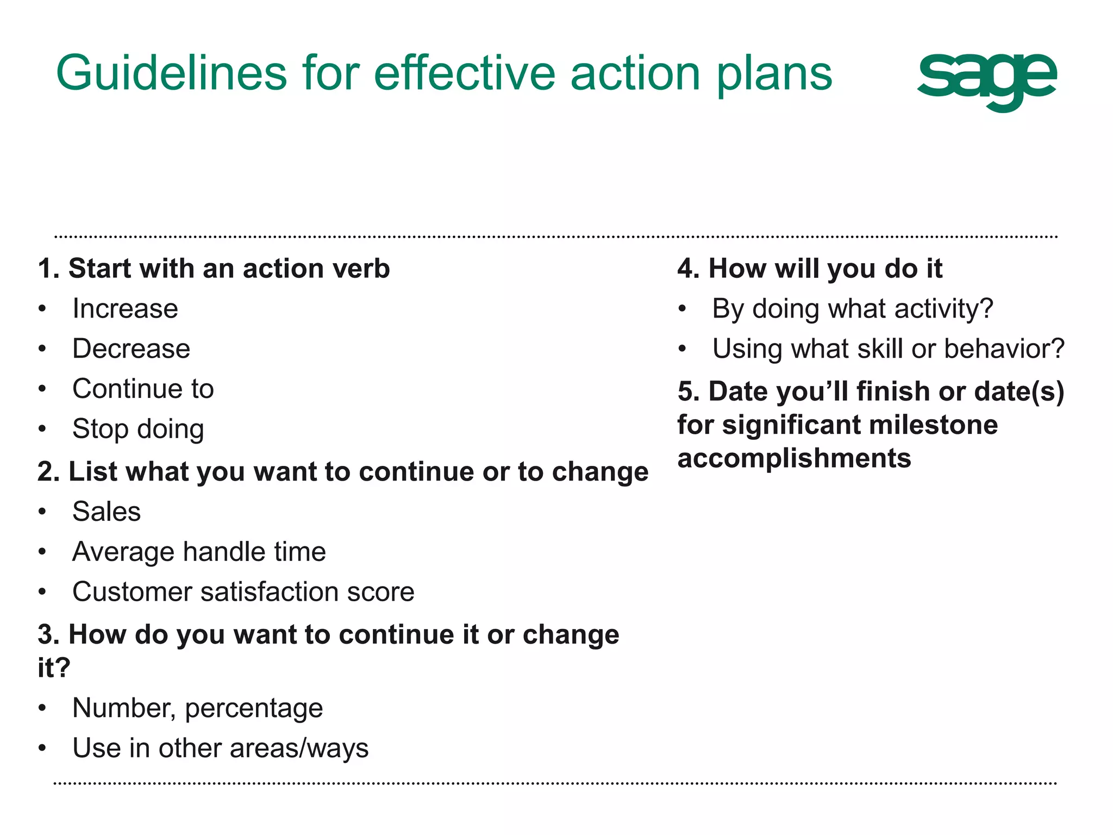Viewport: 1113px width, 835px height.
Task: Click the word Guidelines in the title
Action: tap(171, 73)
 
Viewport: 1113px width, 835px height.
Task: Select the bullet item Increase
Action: tap(125, 309)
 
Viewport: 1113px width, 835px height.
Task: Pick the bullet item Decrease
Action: tap(131, 349)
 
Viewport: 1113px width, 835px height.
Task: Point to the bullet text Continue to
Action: tap(143, 389)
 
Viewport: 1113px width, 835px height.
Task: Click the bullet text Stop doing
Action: tap(138, 429)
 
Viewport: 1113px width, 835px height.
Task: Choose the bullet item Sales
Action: tap(107, 512)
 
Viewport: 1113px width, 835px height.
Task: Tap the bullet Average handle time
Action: tap(199, 552)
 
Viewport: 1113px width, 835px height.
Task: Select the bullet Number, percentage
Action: tap(197, 708)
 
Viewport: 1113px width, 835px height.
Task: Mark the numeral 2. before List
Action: tap(48, 472)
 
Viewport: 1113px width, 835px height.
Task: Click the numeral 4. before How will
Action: tap(688, 269)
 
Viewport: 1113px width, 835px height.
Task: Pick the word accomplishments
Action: tap(794, 458)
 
